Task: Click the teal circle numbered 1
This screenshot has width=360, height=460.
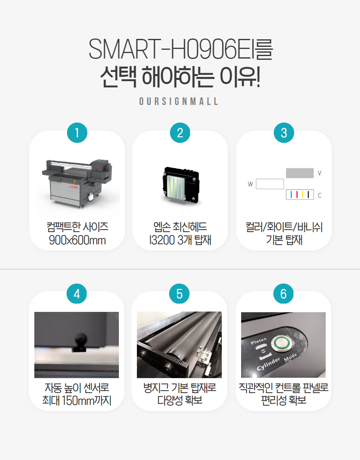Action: coord(77,133)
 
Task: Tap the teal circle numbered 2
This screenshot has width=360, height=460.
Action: coord(180,133)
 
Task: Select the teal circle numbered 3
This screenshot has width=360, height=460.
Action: coord(284,133)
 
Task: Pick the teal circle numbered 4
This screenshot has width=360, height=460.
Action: coord(77,294)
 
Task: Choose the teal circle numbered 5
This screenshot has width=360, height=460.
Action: coord(180,294)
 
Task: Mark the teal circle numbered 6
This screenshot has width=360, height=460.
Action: coord(283,294)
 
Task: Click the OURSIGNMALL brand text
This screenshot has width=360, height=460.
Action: coord(178,102)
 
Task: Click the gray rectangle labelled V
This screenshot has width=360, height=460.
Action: coord(300,173)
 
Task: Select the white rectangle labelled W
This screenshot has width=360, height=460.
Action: coord(270,184)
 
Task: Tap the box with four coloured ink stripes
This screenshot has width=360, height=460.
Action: coord(300,194)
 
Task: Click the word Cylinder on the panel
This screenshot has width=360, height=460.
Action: coord(268,364)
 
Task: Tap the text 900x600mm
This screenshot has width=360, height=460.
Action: coord(77,240)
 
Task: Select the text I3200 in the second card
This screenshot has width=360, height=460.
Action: coord(162,240)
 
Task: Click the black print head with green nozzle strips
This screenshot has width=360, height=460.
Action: coord(180,184)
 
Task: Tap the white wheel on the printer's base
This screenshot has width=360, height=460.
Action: coord(91,197)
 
